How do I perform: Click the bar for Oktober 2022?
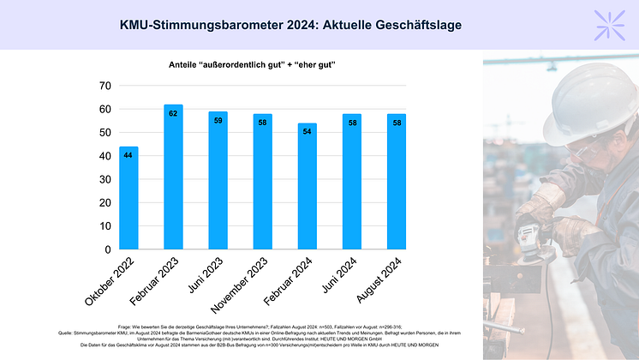click(x=128, y=199)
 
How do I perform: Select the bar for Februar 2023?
click(x=172, y=177)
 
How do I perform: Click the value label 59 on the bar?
click(x=218, y=121)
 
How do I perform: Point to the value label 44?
click(x=128, y=155)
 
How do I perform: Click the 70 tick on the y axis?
click(x=105, y=86)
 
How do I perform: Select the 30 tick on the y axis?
click(x=105, y=180)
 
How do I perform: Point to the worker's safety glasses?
click(x=581, y=151)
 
